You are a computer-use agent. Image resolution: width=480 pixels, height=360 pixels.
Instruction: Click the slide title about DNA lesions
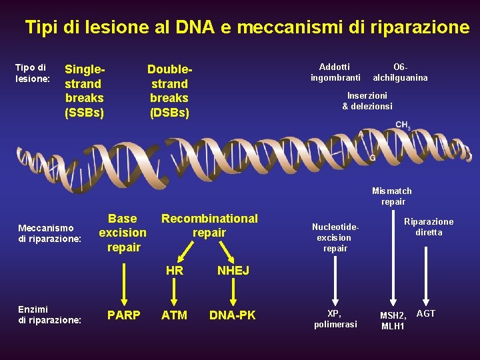[247, 27]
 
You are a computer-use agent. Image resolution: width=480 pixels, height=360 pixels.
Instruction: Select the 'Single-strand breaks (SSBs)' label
[85, 91]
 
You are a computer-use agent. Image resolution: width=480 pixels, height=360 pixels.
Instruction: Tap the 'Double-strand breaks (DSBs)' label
[169, 91]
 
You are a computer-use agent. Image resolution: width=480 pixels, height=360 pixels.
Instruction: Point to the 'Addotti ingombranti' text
[335, 72]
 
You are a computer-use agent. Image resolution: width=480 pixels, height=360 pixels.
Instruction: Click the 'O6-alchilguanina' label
[400, 72]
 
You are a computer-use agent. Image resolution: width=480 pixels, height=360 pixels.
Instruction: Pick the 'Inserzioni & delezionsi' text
[367, 101]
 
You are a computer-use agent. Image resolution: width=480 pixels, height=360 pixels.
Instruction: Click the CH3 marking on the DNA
[403, 125]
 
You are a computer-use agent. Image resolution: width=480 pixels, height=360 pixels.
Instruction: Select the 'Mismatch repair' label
[392, 196]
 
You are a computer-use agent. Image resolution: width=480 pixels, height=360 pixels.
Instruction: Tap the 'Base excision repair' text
[123, 233]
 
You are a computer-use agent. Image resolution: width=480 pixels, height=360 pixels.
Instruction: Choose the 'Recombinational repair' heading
[209, 225]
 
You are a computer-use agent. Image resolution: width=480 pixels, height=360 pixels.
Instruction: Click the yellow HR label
[174, 271]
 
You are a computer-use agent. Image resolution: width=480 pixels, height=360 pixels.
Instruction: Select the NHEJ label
[233, 271]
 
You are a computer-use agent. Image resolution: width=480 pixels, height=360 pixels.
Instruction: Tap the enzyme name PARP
[124, 315]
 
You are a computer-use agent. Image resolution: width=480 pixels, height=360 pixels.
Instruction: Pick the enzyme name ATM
[174, 315]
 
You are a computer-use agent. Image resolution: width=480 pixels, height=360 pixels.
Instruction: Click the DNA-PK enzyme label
[233, 315]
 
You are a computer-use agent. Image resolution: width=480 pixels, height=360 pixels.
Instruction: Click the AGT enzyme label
[425, 313]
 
